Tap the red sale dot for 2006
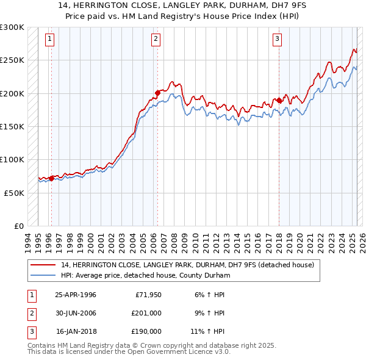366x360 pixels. (157, 93)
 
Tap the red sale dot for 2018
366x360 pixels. (279, 100)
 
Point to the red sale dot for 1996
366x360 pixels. (51, 178)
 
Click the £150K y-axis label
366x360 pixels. (12, 127)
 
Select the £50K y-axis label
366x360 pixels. (15, 193)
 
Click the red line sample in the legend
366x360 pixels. (43, 265)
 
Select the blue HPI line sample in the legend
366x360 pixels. (43, 276)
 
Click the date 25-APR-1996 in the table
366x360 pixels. (76, 295)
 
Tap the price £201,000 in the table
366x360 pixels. (146, 313)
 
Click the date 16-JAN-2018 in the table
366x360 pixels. (76, 331)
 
